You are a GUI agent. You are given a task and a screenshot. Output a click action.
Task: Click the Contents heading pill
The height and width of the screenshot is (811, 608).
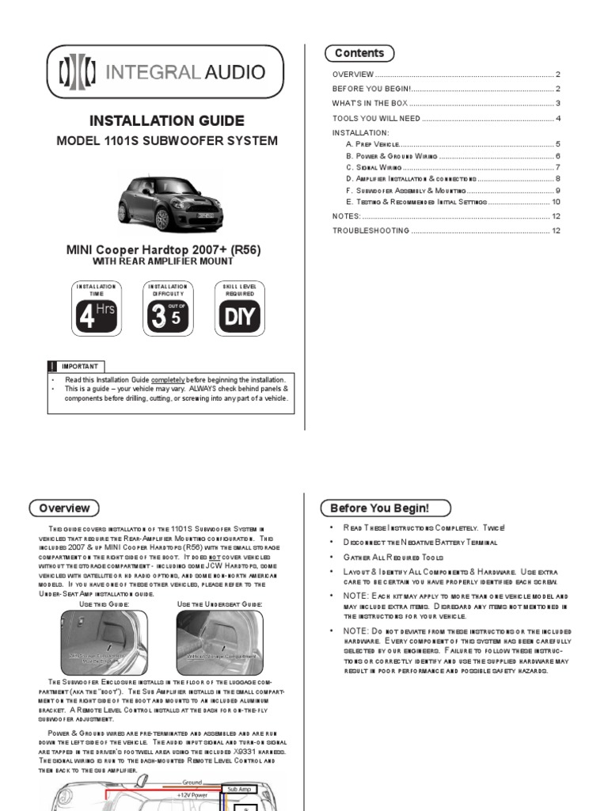pos(359,53)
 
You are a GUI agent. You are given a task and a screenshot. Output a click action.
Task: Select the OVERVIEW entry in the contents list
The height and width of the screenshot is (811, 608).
pos(353,74)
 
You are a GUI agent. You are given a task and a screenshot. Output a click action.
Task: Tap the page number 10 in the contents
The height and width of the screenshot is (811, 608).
pos(556,202)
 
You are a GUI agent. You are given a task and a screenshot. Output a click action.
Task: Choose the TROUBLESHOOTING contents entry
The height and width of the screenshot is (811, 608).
pos(370,230)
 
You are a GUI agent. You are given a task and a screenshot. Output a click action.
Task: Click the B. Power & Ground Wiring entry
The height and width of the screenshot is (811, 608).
pos(391,156)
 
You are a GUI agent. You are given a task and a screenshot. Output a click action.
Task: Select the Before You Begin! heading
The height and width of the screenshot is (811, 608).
pos(385,508)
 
